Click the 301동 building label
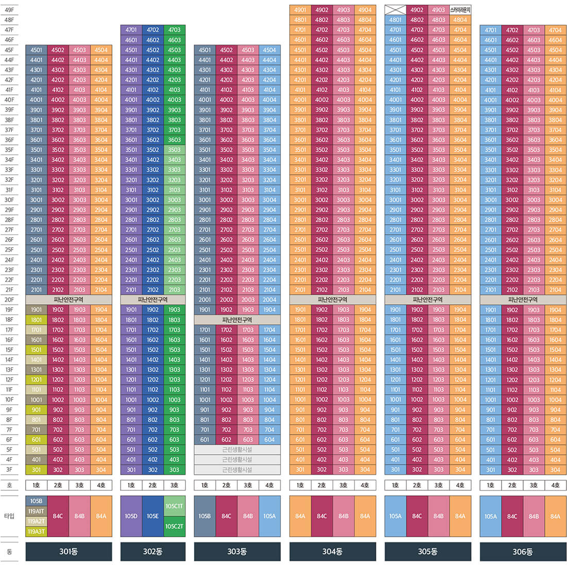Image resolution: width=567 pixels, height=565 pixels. tap(69, 552)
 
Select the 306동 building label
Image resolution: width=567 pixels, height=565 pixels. tap(523, 552)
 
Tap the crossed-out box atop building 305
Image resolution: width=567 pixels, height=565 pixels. tap(395, 10)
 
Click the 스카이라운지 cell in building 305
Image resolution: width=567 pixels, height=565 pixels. tap(460, 10)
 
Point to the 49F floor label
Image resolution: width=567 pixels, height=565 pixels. tap(9, 10)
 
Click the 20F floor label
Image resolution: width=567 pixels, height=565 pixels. tap(9, 300)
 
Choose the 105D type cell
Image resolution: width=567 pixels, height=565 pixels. tap(131, 516)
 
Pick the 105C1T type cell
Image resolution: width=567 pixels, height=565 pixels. tap(174, 506)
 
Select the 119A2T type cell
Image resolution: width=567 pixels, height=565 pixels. tap(36, 521)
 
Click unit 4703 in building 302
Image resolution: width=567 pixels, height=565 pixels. tap(174, 30)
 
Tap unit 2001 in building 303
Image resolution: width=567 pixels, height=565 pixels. tap(205, 300)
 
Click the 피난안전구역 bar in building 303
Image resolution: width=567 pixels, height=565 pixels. tap(237, 320)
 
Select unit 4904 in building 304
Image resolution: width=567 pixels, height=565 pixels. tap(365, 10)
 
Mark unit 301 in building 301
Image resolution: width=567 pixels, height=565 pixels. tap(36, 470)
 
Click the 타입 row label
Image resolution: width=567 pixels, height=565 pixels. tap(9, 516)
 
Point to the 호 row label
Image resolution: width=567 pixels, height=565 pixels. tap(9, 485)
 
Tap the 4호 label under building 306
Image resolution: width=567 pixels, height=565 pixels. tap(555, 485)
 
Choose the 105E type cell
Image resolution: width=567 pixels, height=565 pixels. tap(153, 516)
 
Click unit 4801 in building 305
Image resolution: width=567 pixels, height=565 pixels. tap(395, 20)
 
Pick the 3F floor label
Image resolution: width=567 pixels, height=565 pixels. tap(9, 470)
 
